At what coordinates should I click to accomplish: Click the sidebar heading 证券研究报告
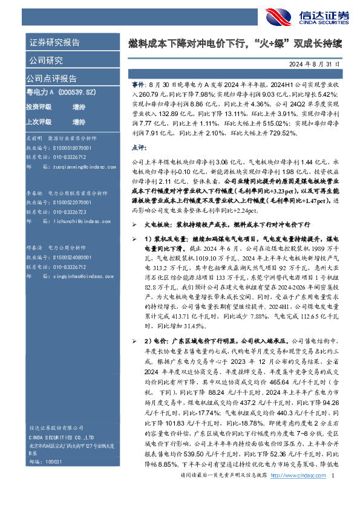point(54,42)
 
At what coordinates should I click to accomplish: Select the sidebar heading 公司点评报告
point(51,78)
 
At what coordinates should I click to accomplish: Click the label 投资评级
point(39,106)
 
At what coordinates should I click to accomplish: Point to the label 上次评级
point(39,120)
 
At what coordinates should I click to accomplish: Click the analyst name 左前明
point(33,138)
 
